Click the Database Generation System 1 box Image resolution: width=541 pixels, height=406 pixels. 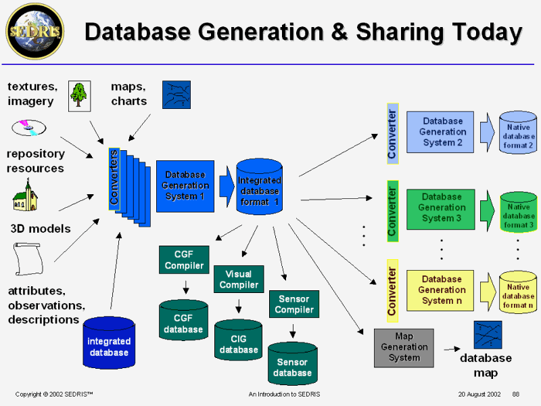coord(185,185)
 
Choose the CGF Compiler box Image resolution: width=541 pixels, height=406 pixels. coord(184,260)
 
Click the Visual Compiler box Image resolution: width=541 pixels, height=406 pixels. coord(239,279)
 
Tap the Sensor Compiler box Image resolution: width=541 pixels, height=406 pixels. coord(293,304)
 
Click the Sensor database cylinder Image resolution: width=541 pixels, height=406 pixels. coord(292,363)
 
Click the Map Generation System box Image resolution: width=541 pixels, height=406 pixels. coord(404,347)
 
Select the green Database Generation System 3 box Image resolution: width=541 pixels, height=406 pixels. coord(440,208)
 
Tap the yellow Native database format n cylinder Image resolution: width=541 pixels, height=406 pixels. coord(517,292)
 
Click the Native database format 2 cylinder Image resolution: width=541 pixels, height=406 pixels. coord(517,133)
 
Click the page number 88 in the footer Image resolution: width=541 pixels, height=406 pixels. coord(515,394)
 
